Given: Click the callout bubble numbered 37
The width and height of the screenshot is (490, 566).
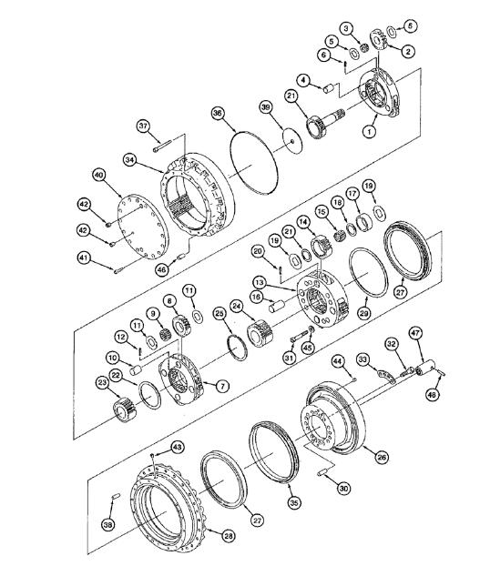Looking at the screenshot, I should point(142,125).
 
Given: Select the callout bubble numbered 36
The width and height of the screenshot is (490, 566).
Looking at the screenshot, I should point(218,113).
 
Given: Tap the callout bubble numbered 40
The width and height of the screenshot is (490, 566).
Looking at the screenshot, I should point(98,174).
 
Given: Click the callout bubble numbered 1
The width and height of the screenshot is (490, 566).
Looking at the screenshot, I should point(369,131).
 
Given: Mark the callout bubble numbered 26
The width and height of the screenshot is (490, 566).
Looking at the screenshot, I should point(382,457).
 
